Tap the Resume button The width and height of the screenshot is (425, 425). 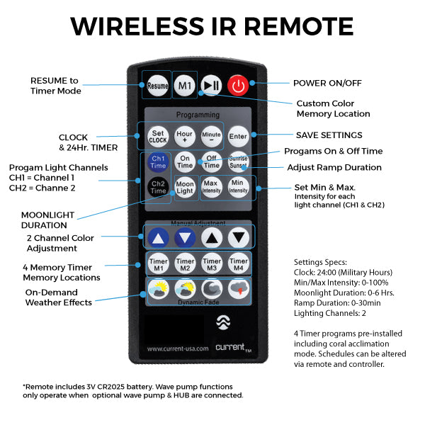(x=158, y=86)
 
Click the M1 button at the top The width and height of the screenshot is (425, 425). (x=185, y=86)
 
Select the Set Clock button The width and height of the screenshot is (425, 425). (x=158, y=136)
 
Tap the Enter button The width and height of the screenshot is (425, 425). (x=239, y=135)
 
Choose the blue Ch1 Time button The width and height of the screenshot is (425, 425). (x=159, y=162)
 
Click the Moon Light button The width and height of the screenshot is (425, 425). (x=185, y=188)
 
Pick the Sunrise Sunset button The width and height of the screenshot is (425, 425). (x=239, y=162)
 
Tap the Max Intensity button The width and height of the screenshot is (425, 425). (x=212, y=188)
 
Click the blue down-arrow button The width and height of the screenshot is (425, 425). (x=185, y=237)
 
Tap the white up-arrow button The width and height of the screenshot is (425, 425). (x=212, y=237)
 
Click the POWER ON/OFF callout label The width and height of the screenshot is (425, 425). (x=327, y=83)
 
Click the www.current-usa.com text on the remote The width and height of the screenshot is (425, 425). (x=177, y=348)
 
